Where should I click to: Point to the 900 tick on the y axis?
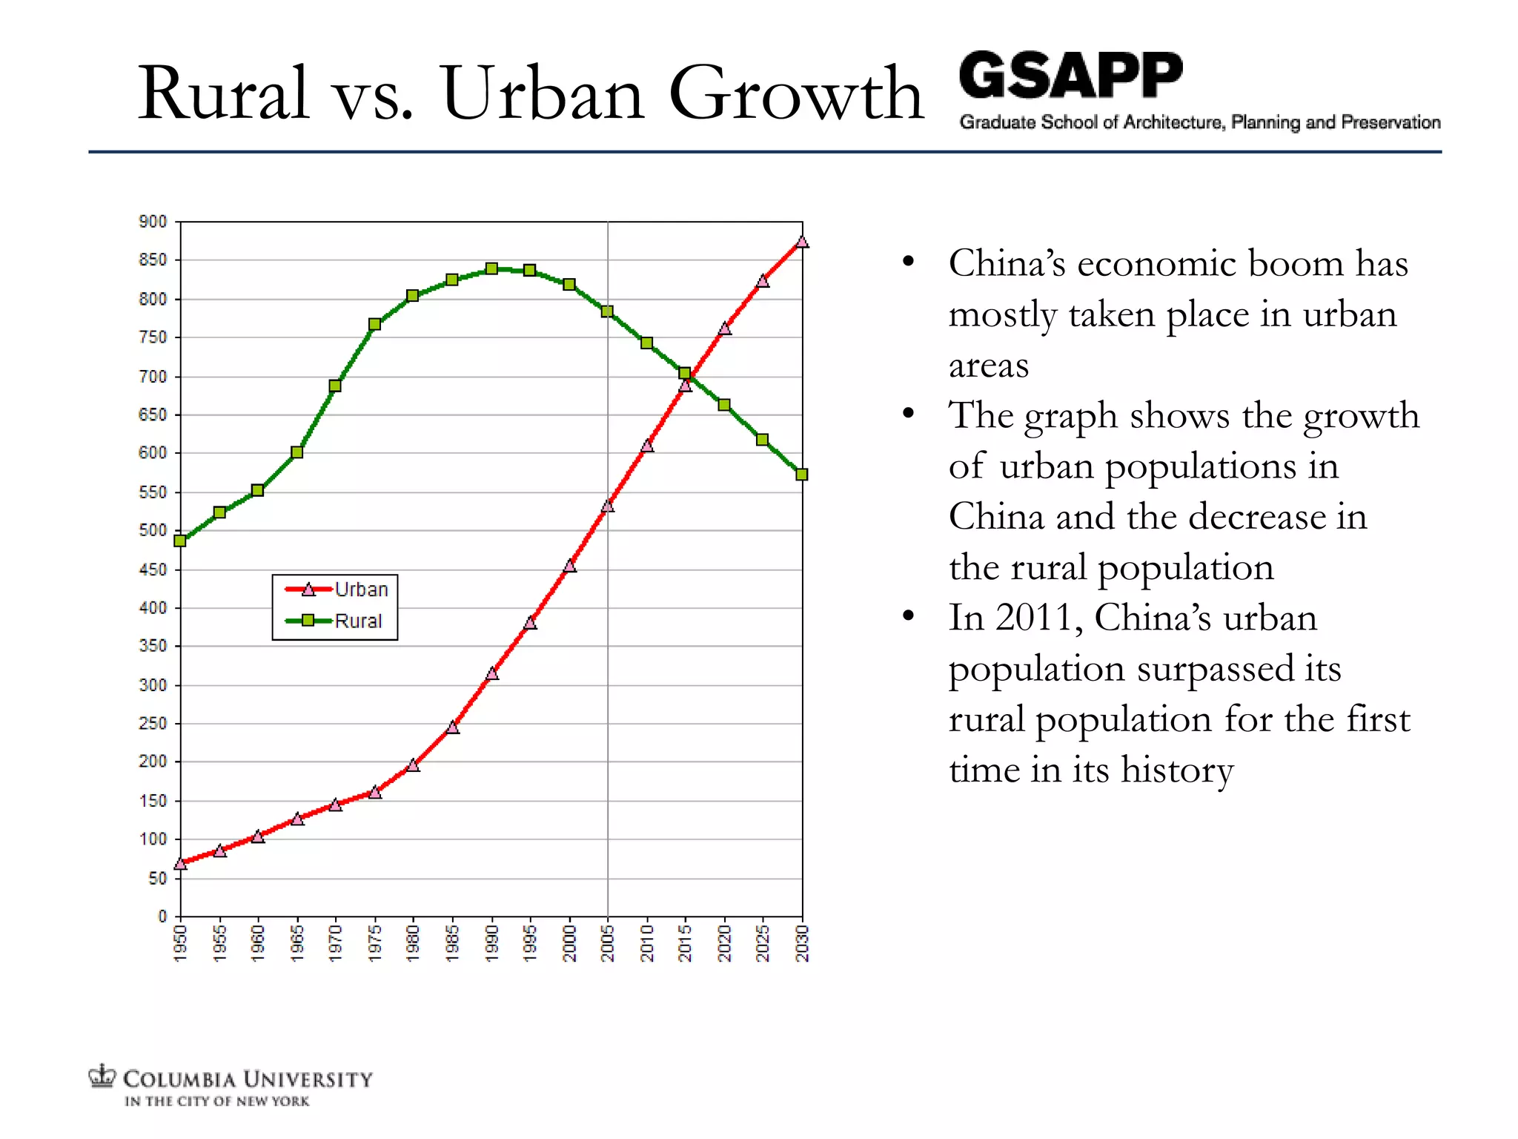153,222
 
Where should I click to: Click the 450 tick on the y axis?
153,569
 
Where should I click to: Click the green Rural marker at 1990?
491,268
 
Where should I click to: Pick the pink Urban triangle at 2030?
802,242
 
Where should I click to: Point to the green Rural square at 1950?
180,541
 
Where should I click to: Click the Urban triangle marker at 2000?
569,566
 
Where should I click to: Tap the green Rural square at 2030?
801,475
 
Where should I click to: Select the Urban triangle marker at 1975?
375,792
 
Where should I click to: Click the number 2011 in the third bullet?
1035,618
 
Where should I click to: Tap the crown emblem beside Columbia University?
102,1076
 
